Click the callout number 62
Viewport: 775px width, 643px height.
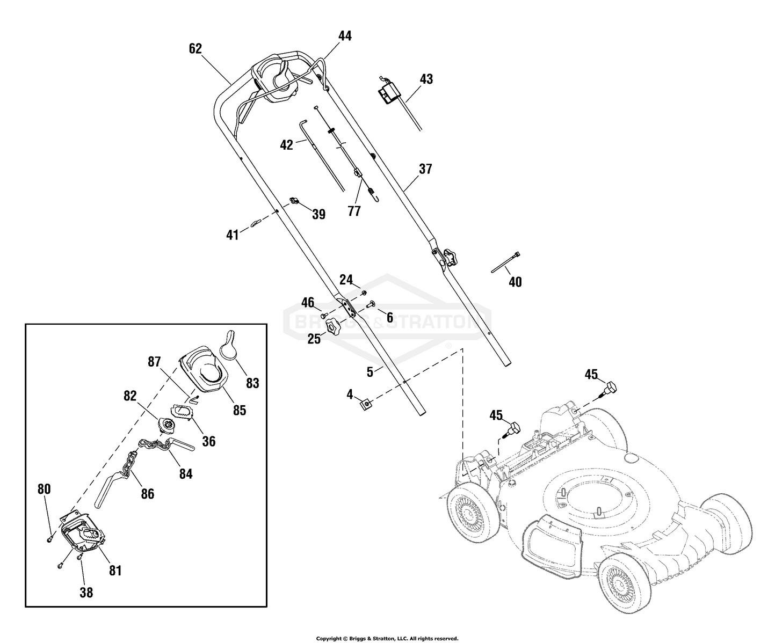[x=195, y=49]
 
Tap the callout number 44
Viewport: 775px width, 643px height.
[x=345, y=36]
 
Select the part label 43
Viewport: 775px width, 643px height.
[x=426, y=79]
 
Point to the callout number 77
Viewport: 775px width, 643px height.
[x=354, y=211]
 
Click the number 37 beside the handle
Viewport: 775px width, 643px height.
[x=425, y=169]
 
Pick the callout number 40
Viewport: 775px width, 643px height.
[x=515, y=282]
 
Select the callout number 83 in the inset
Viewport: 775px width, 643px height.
[x=252, y=383]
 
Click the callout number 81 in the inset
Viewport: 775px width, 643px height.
[x=115, y=570]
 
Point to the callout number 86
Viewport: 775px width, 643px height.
[x=147, y=493]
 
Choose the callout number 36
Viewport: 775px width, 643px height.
[x=208, y=441]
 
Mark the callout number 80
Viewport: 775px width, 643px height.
[x=44, y=489]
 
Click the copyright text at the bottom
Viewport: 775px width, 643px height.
[x=387, y=638]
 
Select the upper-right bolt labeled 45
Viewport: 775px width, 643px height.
[x=611, y=387]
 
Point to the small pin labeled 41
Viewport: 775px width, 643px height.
[x=257, y=221]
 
